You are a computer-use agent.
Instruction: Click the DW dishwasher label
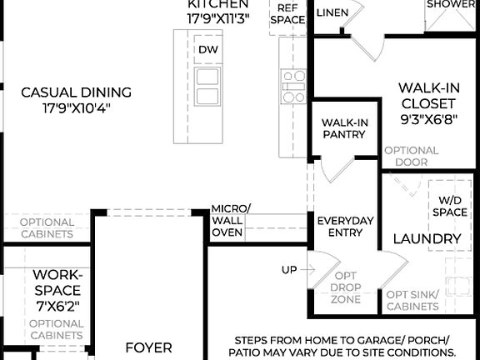pos(207,49)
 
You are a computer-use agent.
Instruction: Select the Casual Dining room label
pos(77,92)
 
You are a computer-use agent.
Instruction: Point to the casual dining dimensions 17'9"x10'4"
pos(77,108)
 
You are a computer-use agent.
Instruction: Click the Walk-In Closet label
pos(427,96)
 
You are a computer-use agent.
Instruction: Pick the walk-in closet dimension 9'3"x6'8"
pos(427,120)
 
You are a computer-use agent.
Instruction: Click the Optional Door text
pos(411,156)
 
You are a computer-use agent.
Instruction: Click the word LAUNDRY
pos(427,239)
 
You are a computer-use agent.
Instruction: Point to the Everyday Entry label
pos(346,226)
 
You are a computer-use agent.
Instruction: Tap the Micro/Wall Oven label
pos(227,220)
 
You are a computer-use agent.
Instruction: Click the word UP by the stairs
pos(289,270)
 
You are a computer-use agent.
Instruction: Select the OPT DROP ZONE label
pos(347,286)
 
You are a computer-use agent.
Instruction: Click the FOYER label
pos(149,347)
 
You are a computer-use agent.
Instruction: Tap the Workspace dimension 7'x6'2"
pos(57,306)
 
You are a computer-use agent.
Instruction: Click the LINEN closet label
pos(332,12)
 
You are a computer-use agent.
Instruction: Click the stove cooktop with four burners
pos(293,87)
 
